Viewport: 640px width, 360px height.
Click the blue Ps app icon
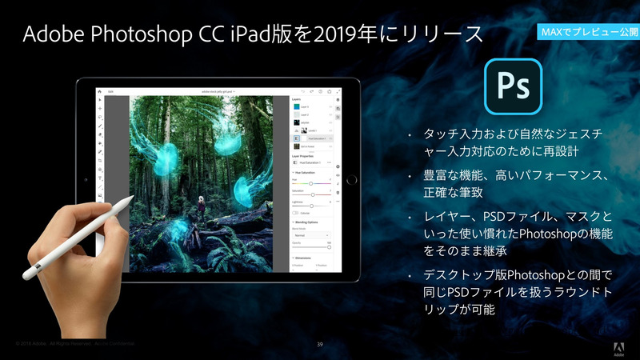pos(513,86)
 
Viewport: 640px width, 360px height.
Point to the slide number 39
pos(319,344)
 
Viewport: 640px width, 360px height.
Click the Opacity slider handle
pos(329,247)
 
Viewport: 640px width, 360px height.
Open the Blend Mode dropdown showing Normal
pos(311,235)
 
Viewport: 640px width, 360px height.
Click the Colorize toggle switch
pos(296,213)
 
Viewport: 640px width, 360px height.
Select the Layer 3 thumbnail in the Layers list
pos(296,106)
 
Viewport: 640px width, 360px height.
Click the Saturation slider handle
pos(312,194)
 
